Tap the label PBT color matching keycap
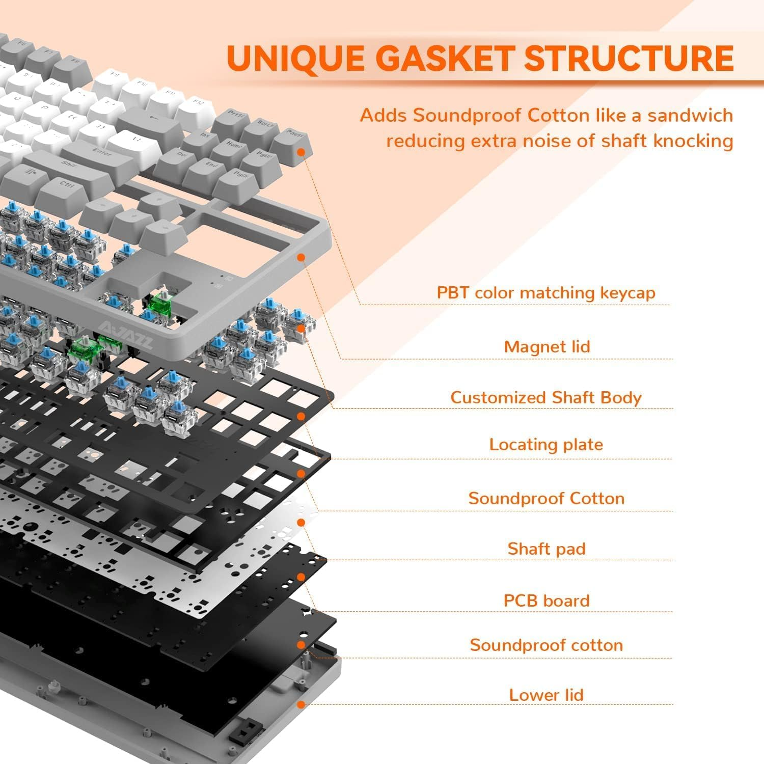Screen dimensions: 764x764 545,293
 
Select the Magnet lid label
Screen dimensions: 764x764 547,347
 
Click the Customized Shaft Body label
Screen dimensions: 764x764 545,397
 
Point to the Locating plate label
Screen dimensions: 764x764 545,445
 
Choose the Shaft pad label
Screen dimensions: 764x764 546,549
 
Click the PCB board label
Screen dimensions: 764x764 546,601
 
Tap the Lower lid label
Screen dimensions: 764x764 546,695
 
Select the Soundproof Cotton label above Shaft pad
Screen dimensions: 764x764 546,498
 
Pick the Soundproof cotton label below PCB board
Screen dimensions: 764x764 546,645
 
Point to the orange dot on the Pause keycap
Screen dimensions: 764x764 302,152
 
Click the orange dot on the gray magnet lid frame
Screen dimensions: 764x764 301,258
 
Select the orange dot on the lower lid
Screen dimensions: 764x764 301,704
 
